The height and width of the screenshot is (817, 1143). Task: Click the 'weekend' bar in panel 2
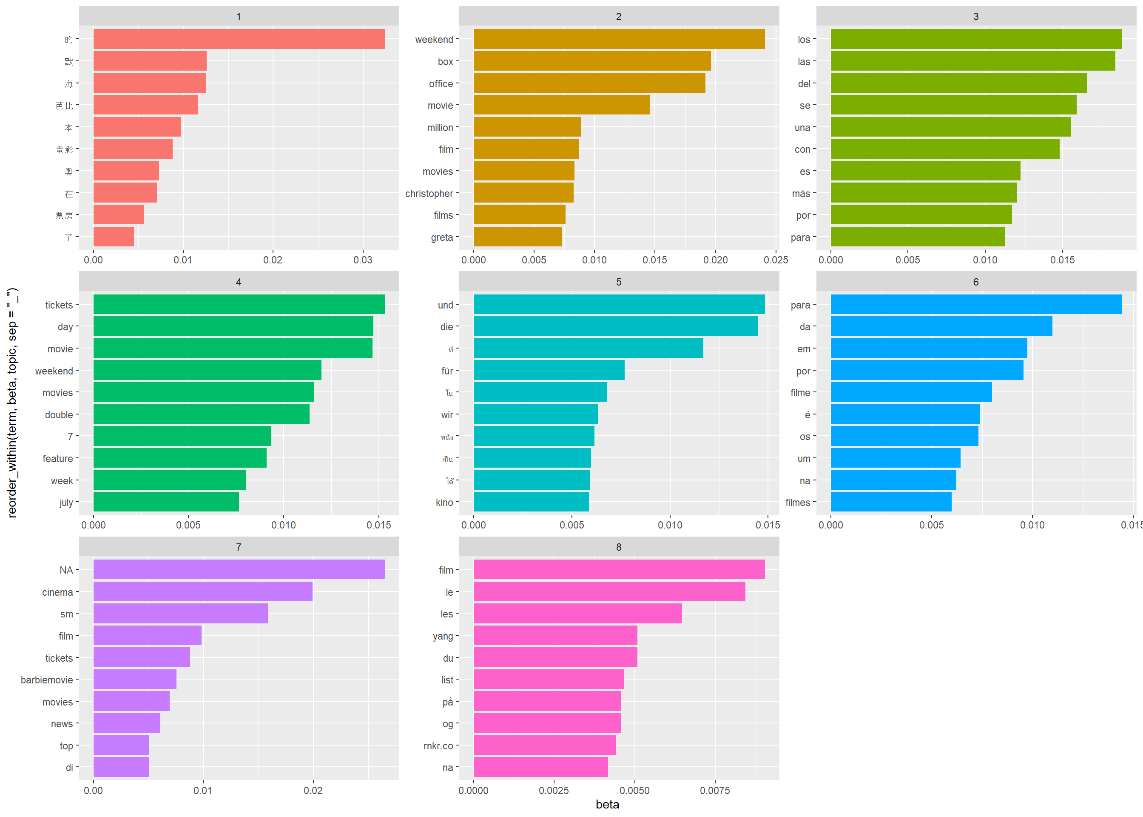(619, 39)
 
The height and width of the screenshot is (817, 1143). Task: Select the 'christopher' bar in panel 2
(523, 193)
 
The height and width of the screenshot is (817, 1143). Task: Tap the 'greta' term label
(441, 237)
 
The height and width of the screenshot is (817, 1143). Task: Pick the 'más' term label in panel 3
(801, 194)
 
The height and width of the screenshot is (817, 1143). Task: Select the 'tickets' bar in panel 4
(239, 304)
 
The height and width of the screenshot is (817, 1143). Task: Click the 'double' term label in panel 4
(59, 415)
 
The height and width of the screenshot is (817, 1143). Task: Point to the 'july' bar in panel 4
(166, 502)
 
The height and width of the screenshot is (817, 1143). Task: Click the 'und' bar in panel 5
(619, 304)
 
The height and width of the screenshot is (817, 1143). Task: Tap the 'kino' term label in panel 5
(444, 503)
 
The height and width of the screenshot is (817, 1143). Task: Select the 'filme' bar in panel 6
(911, 392)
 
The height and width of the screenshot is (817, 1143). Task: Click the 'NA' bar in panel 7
(239, 569)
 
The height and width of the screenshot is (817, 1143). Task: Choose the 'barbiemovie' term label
(47, 680)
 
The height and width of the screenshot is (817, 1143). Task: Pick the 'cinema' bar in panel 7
(202, 591)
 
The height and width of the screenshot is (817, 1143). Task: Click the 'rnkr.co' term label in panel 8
(438, 746)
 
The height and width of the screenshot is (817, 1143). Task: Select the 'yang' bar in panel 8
(555, 636)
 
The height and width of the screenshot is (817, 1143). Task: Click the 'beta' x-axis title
(607, 804)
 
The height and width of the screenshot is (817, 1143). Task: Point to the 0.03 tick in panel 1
(362, 260)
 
